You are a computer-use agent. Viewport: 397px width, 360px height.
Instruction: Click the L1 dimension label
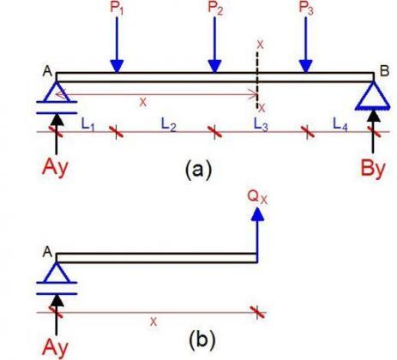pos(87,124)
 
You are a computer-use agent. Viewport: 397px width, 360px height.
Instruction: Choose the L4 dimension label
pos(341,125)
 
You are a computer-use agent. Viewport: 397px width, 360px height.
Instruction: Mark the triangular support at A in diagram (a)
pos(57,91)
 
